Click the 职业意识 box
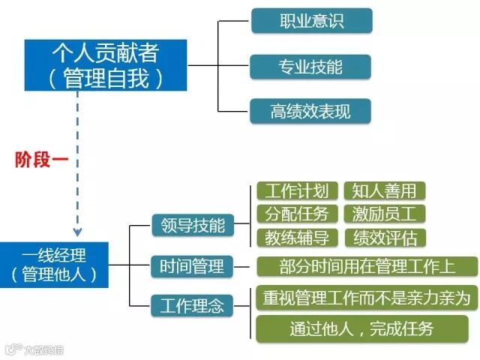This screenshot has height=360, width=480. [310, 21]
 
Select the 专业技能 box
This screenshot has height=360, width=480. [310, 66]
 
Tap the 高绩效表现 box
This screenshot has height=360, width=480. [310, 111]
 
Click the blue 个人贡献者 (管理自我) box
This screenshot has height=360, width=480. [106, 65]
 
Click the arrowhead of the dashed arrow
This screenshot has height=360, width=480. [77, 232]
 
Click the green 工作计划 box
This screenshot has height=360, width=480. [296, 190]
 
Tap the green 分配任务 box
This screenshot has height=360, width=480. [296, 214]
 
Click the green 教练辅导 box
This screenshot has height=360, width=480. [296, 238]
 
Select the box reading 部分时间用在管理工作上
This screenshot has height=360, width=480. [367, 266]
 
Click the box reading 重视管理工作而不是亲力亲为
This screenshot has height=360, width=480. [367, 298]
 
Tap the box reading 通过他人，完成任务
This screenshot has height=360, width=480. [367, 328]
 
